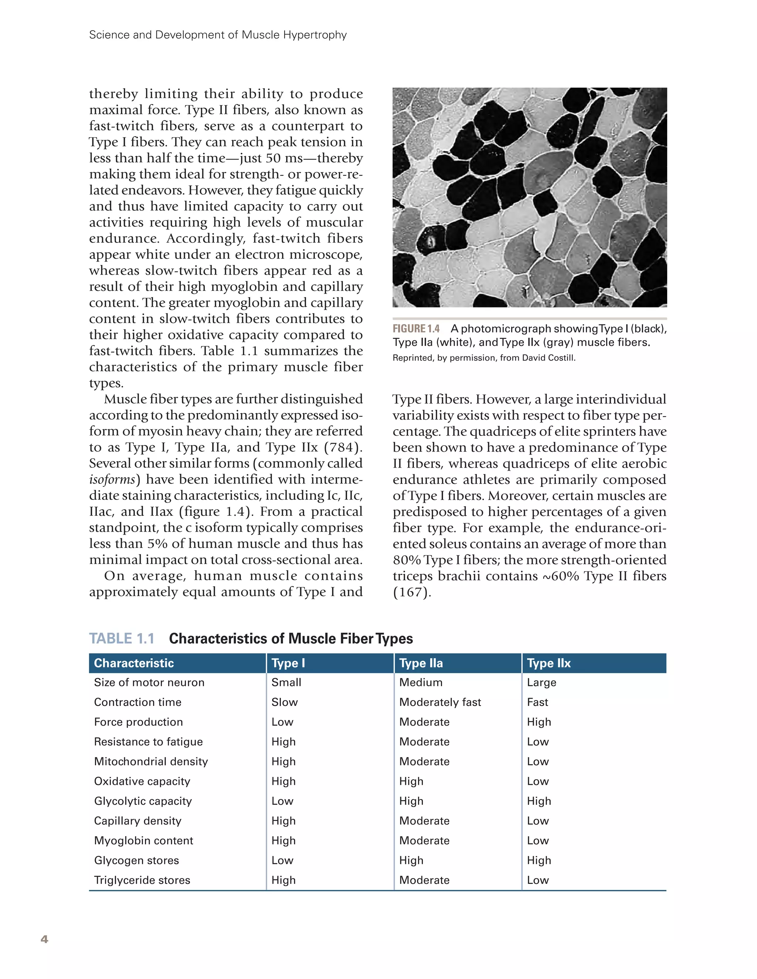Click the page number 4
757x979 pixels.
pyautogui.click(x=44, y=939)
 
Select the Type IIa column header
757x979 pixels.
pyautogui.click(x=421, y=663)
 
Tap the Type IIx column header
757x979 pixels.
pyautogui.click(x=548, y=663)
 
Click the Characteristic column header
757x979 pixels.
pyautogui.click(x=133, y=663)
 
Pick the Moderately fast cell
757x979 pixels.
pyautogui.click(x=440, y=702)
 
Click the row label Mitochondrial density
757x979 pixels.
pyautogui.click(x=150, y=761)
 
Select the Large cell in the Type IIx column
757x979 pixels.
pyautogui.click(x=541, y=682)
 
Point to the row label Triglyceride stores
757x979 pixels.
pyautogui.click(x=142, y=880)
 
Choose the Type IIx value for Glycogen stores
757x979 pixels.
pyautogui.click(x=539, y=860)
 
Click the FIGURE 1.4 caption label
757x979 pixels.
pyautogui.click(x=416, y=329)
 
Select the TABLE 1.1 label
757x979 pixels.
pyautogui.click(x=121, y=638)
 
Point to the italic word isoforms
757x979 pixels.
pyautogui.click(x=112, y=479)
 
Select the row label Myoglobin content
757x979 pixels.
pyautogui.click(x=143, y=841)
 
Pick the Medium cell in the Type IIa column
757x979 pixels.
pyautogui.click(x=421, y=682)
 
